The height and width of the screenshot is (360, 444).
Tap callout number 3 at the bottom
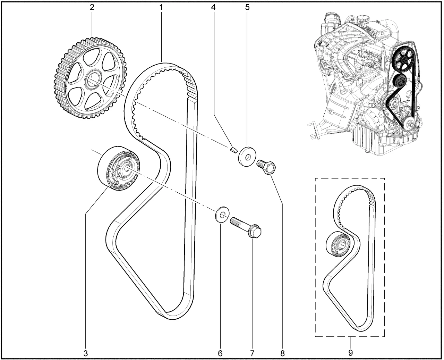coord(85,353)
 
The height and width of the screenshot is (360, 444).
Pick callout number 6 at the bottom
coord(220,353)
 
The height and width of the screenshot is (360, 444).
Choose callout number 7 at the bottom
coord(252,353)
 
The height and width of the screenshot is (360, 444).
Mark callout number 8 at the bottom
coord(282,353)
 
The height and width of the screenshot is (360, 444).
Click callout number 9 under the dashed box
coord(350,353)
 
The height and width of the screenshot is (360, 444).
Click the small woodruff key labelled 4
coord(233,150)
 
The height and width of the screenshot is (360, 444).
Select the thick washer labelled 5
coord(246,156)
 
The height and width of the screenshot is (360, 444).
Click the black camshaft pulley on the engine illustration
coord(402,60)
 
